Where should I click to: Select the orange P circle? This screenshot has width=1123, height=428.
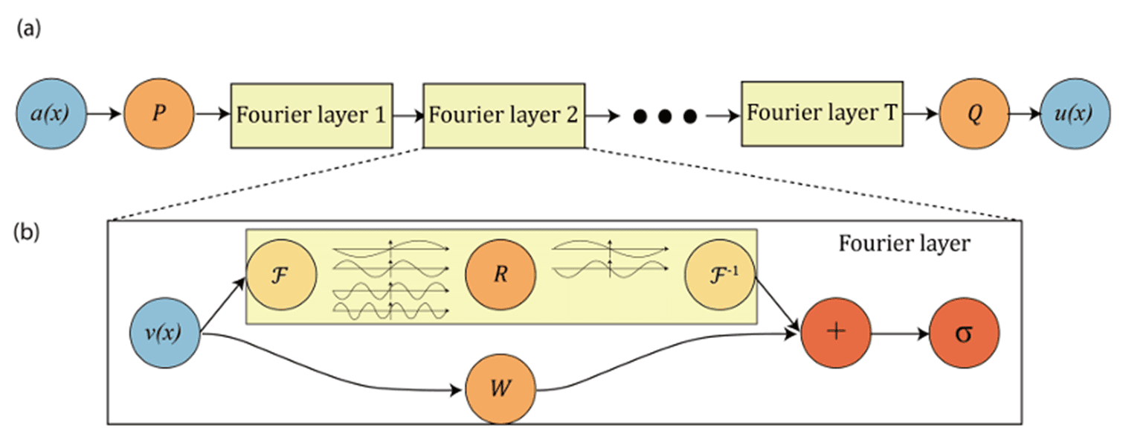click(x=158, y=115)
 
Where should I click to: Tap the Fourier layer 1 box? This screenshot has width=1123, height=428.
click(x=312, y=115)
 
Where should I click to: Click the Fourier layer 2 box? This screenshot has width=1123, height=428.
click(x=504, y=115)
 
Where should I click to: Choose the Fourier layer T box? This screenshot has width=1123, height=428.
click(x=822, y=114)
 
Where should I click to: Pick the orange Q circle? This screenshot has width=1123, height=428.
click(x=974, y=115)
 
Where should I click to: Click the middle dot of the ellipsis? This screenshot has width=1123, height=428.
click(x=665, y=116)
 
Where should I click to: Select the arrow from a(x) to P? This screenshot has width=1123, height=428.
click(x=104, y=115)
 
